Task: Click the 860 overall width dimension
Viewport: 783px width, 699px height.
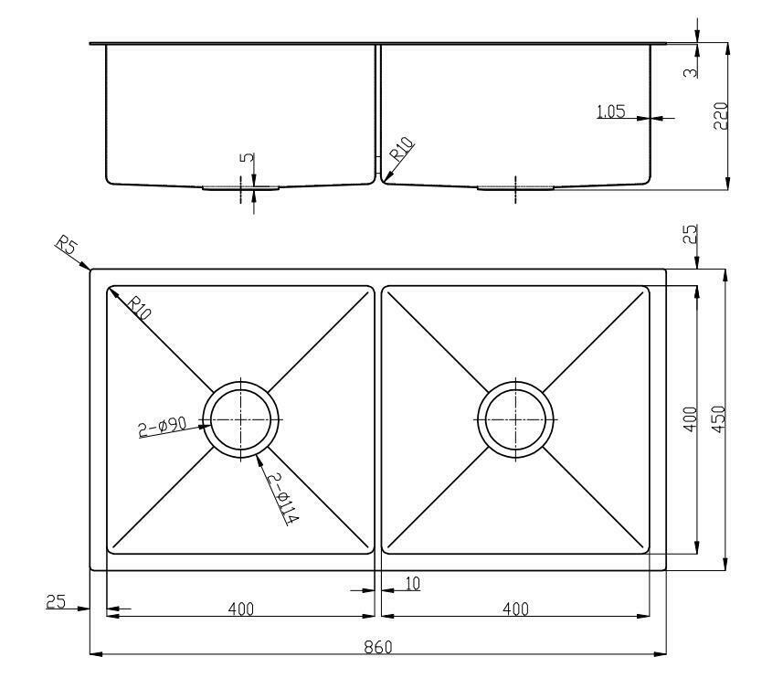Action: coord(377,647)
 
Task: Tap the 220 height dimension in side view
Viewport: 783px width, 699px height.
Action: coord(719,115)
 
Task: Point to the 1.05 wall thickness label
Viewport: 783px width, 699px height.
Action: coord(609,112)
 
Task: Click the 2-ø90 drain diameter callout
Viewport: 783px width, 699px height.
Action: coord(163,427)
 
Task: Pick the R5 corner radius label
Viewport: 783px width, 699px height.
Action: coord(65,245)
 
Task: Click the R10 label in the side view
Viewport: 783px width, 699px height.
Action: coord(402,148)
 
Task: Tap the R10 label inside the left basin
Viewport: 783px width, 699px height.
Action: coord(139,307)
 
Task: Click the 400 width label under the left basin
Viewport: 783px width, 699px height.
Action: coord(240,609)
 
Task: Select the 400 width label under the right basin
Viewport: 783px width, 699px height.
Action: coord(515,609)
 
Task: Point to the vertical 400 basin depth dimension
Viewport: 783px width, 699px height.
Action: coord(690,419)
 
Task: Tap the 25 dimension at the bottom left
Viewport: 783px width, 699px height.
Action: coord(56,601)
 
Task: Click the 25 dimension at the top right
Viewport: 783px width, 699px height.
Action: coord(690,234)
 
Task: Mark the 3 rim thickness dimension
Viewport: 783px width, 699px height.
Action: coord(690,68)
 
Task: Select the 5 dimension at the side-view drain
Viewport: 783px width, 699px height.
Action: coord(245,157)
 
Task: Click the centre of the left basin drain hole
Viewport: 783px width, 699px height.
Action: coord(241,418)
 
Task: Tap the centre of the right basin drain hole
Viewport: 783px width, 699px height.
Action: coord(516,418)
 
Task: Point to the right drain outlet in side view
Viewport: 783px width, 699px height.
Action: coord(516,187)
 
